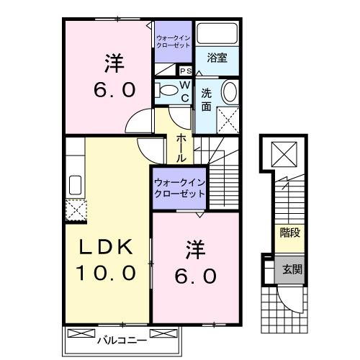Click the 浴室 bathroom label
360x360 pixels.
click(x=217, y=58)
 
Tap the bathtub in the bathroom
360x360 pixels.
click(x=217, y=34)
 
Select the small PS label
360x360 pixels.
click(x=184, y=71)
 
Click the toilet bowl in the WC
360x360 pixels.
click(x=167, y=89)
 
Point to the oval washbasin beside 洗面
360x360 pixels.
click(x=229, y=92)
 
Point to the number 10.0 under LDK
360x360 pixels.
click(x=107, y=273)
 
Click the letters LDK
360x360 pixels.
click(x=107, y=247)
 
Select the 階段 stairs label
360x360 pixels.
click(x=289, y=232)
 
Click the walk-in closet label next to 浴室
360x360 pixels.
click(x=174, y=40)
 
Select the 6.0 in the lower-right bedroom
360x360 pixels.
click(x=192, y=275)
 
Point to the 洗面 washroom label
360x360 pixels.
click(x=206, y=99)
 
